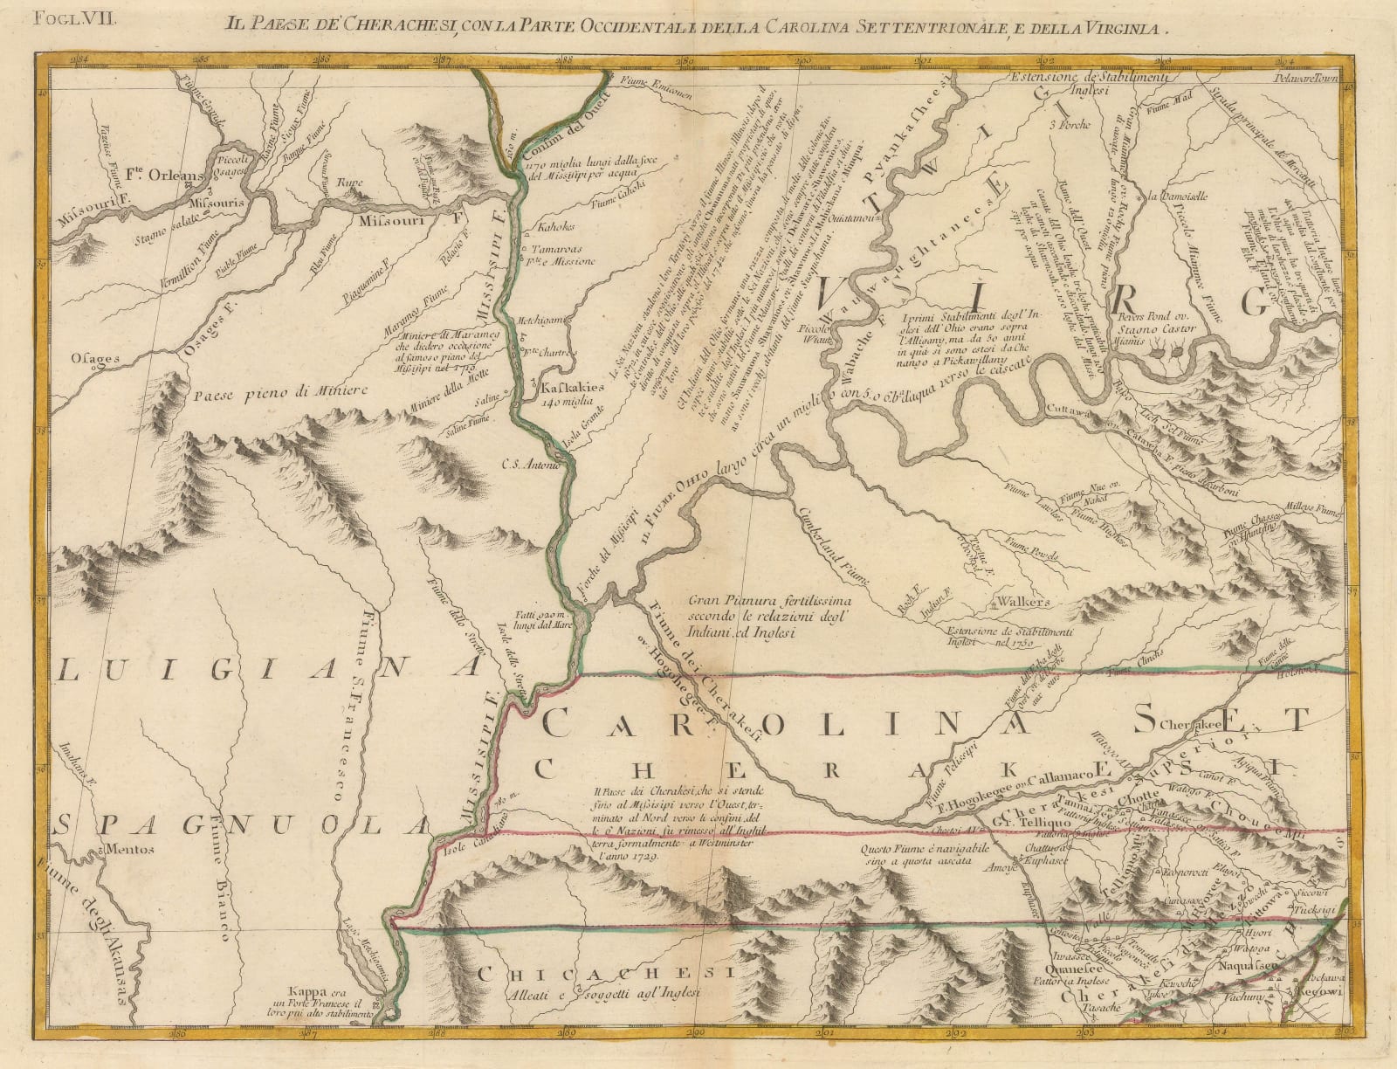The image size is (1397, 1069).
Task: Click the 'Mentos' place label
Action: click(127, 848)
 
